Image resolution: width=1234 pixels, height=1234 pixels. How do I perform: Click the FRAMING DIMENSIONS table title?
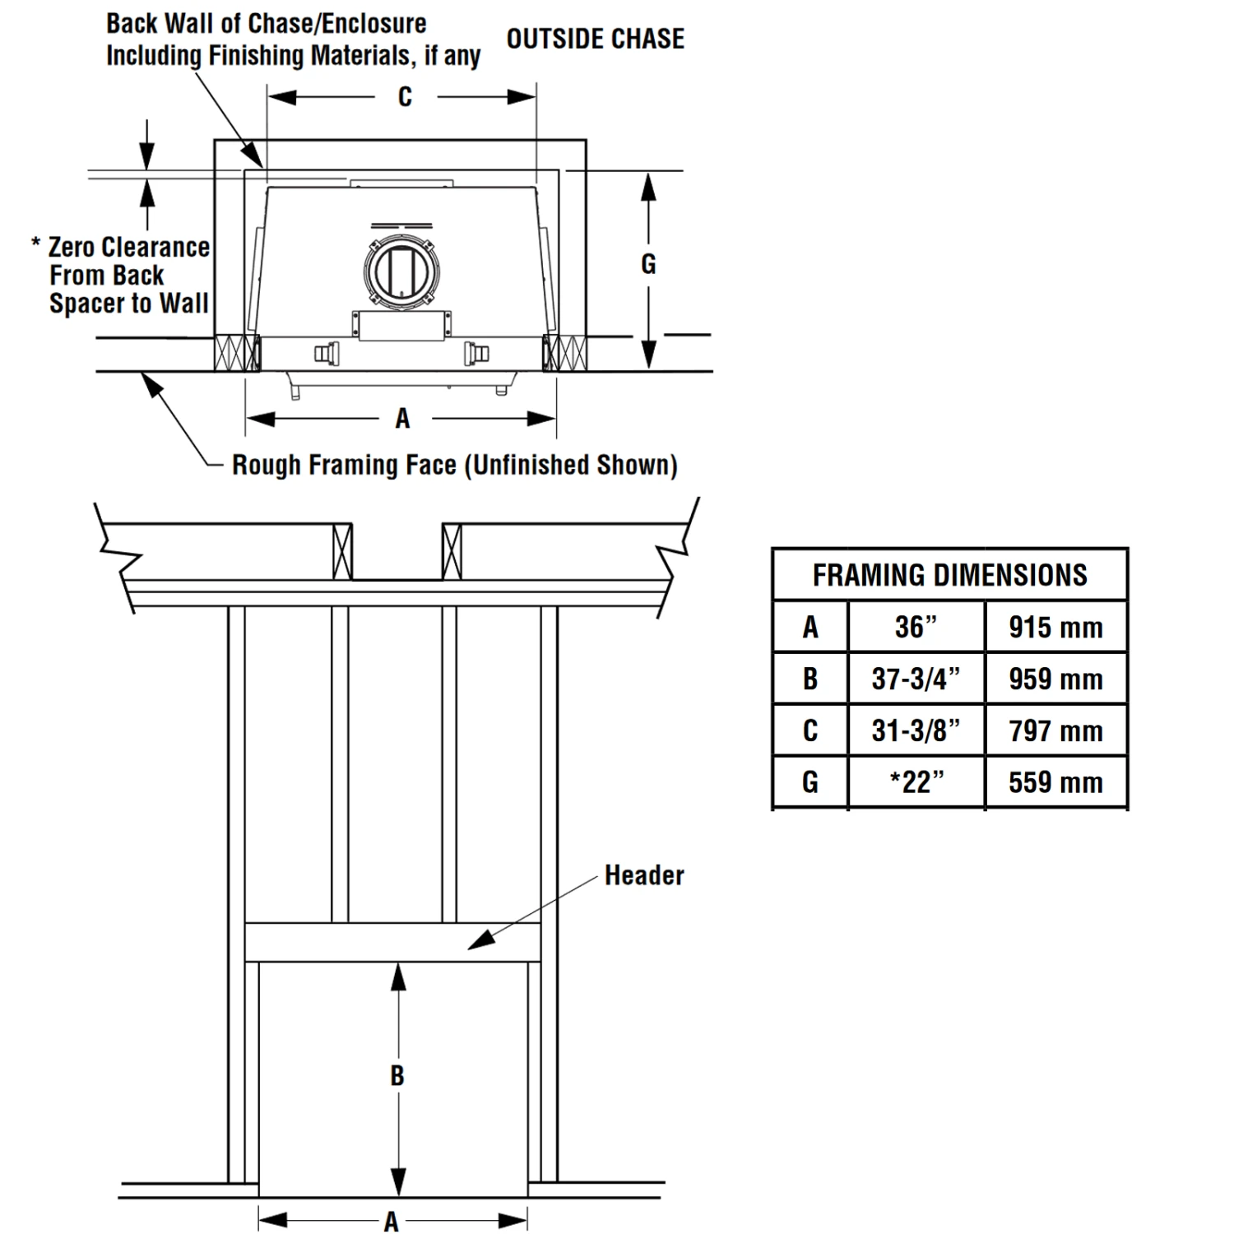pyautogui.click(x=950, y=575)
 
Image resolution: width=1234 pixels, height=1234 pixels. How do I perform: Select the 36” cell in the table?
pyautogui.click(x=916, y=627)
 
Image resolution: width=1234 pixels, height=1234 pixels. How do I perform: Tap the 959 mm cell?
pyautogui.click(x=1055, y=679)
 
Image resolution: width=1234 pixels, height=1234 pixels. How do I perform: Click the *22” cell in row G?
pyautogui.click(x=916, y=782)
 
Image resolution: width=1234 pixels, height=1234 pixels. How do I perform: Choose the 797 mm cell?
pyautogui.click(x=1055, y=731)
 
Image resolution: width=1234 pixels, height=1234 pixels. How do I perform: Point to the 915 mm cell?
pyautogui.click(x=1055, y=627)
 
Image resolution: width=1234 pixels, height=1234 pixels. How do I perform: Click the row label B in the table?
pyautogui.click(x=810, y=679)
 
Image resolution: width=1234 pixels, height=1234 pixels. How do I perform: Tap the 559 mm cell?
pyautogui.click(x=1055, y=782)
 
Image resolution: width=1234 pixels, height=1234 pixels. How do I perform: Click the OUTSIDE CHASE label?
pyautogui.click(x=596, y=39)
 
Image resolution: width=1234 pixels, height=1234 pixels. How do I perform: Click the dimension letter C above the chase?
pyautogui.click(x=405, y=97)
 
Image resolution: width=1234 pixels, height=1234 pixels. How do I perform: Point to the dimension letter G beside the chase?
pyautogui.click(x=648, y=264)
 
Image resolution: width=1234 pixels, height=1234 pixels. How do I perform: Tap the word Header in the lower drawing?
pyautogui.click(x=644, y=875)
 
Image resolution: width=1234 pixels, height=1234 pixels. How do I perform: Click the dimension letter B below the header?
pyautogui.click(x=397, y=1075)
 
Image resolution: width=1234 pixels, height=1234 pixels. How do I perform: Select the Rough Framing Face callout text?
pyautogui.click(x=455, y=465)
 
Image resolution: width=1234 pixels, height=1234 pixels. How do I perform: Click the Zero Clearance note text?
pyautogui.click(x=121, y=275)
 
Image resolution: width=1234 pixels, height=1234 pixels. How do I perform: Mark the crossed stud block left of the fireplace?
pyautogui.click(x=237, y=353)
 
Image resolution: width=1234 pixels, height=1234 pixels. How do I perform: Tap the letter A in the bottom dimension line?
pyautogui.click(x=392, y=1222)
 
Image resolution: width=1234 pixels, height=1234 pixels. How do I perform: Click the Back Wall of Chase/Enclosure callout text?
pyautogui.click(x=293, y=39)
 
